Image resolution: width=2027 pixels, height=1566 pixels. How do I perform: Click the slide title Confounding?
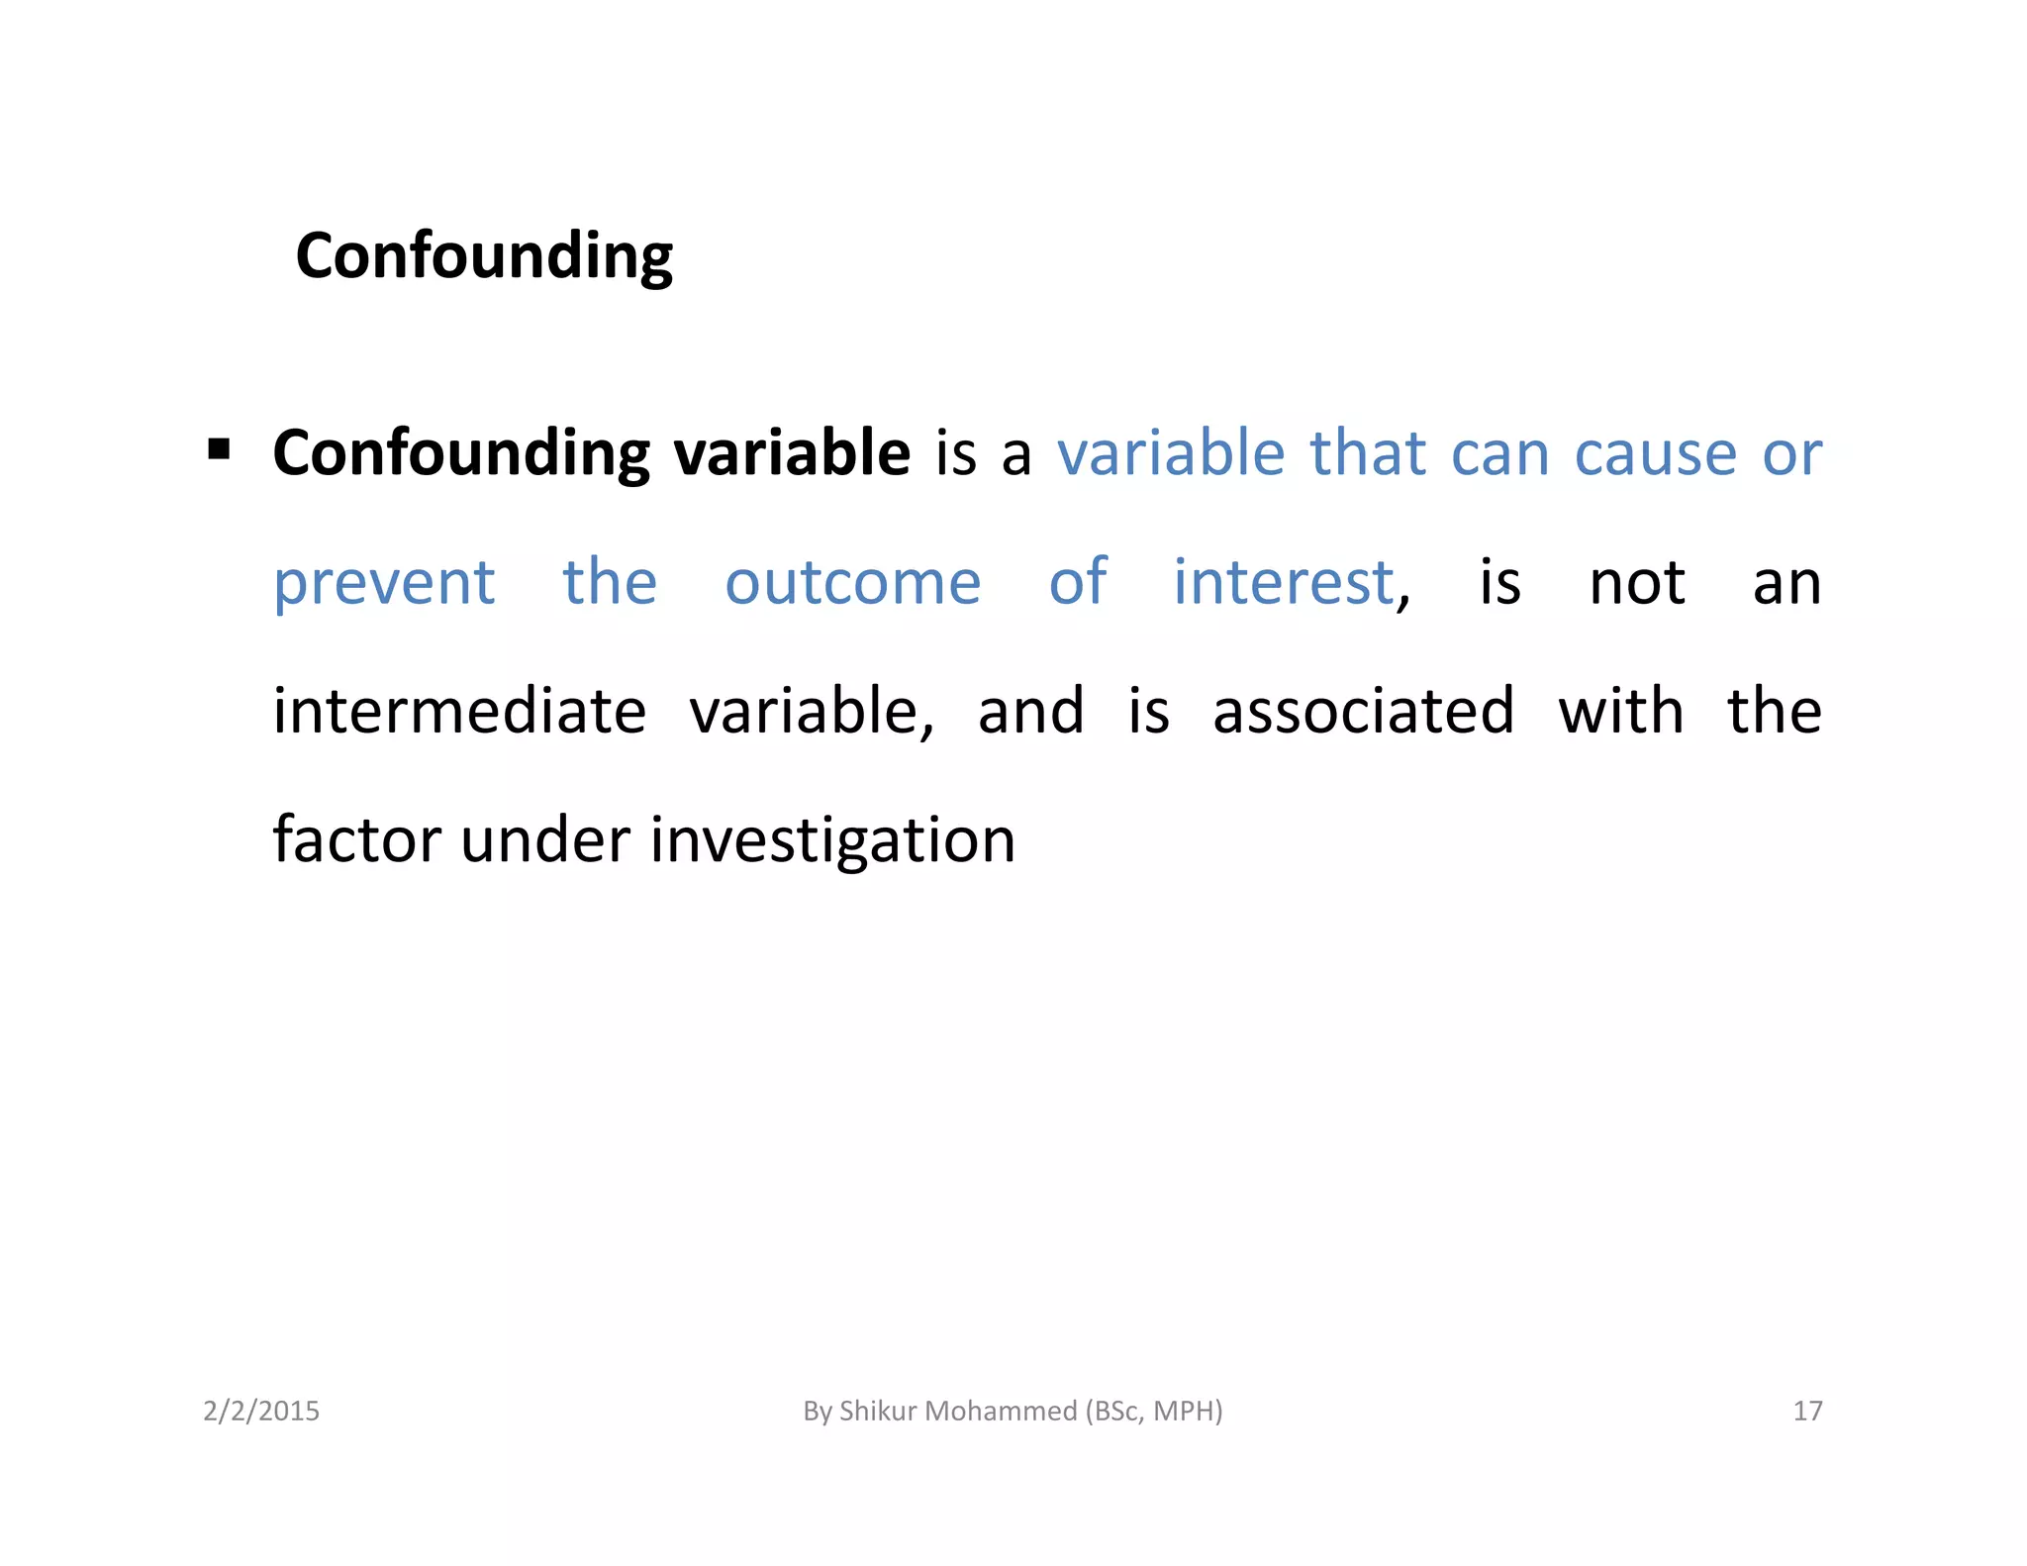click(x=484, y=256)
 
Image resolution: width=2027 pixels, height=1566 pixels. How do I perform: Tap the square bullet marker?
click(x=219, y=451)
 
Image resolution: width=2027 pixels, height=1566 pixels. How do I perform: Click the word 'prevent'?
click(x=384, y=583)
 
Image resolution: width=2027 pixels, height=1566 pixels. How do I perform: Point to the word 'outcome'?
click(x=852, y=583)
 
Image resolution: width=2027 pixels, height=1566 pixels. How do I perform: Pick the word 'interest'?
click(x=1284, y=582)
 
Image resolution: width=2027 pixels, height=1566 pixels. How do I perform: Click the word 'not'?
click(x=1637, y=583)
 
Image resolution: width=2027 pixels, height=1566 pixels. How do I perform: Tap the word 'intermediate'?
click(x=459, y=711)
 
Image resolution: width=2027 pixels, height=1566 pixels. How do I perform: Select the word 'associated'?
click(x=1363, y=711)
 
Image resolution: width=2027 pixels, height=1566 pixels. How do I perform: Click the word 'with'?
click(x=1620, y=711)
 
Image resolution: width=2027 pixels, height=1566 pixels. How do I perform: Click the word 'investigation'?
click(x=832, y=841)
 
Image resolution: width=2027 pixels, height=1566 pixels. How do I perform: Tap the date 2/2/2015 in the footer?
click(x=261, y=1411)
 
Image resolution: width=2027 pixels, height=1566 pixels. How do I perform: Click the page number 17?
click(x=1807, y=1411)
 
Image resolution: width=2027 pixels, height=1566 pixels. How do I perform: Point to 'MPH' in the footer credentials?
click(x=1185, y=1411)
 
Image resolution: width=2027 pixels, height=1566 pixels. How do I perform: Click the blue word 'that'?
click(x=1367, y=454)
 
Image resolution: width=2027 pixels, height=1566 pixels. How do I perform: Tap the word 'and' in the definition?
click(x=1030, y=711)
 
